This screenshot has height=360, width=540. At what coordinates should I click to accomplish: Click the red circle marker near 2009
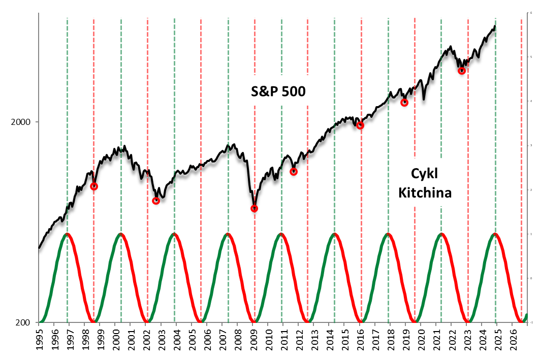point(255,208)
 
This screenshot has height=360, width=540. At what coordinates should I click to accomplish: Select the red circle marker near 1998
point(94,186)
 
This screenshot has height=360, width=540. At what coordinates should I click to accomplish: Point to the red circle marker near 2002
point(156,201)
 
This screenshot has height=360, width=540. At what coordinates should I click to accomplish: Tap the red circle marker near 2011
point(294,172)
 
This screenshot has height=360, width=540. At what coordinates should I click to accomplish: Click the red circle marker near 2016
point(361,125)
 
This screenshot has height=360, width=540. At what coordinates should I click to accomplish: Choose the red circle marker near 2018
point(404,103)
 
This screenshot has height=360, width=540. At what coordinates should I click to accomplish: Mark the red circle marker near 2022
point(462,71)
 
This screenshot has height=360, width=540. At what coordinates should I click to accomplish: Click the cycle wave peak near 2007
point(228,234)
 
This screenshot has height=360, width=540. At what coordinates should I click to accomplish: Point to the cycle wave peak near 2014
point(335,234)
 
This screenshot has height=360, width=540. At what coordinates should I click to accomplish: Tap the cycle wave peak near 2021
point(441,234)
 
